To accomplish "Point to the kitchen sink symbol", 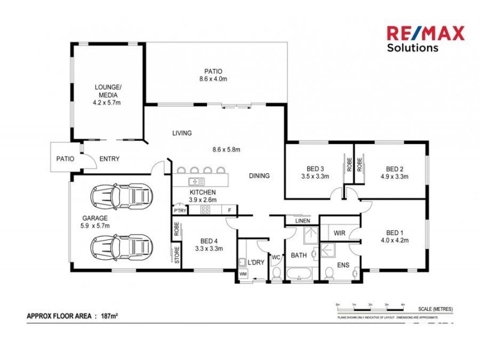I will (196, 181).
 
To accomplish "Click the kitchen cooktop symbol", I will (205, 210).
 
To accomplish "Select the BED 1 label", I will (394, 233).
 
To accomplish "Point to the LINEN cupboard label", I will (302, 221).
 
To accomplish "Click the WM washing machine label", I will (243, 274).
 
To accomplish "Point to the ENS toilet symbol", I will (329, 274).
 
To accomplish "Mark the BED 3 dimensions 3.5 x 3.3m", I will (314, 177).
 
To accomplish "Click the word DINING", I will (260, 176).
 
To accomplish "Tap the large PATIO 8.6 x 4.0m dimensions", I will (214, 79).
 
